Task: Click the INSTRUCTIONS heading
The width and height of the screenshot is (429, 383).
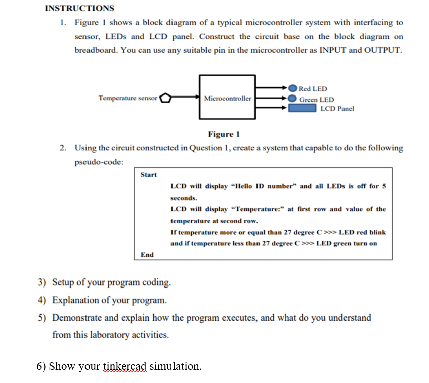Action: (x=79, y=8)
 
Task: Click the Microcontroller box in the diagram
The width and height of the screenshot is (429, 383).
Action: (x=228, y=98)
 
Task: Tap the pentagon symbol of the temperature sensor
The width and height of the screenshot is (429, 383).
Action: (x=166, y=98)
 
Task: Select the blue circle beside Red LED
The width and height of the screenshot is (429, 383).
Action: (x=292, y=89)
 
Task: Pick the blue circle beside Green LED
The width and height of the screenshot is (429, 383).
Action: (x=292, y=99)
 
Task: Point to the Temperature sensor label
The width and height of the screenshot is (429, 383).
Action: (x=128, y=98)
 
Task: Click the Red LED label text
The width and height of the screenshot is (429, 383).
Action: (x=313, y=89)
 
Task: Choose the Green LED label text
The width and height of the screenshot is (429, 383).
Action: (x=316, y=100)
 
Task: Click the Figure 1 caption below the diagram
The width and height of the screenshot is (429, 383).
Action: (x=224, y=134)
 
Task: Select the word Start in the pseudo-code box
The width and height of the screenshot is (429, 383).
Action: (x=148, y=175)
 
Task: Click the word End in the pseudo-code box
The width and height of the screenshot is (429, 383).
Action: (x=147, y=255)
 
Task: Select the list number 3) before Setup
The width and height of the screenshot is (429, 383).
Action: (x=43, y=282)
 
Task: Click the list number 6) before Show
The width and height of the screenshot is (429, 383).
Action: (x=41, y=366)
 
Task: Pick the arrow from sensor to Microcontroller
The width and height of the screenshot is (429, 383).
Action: (x=186, y=98)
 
